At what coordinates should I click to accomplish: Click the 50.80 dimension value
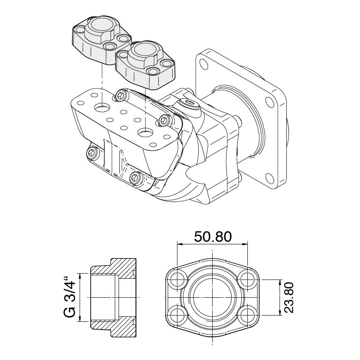(213, 237)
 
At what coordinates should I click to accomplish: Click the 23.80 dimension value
(289, 297)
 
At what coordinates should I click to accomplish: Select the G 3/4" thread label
(69, 298)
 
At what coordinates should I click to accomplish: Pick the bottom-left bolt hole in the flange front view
(177, 315)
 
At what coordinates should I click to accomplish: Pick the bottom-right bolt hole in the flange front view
(246, 315)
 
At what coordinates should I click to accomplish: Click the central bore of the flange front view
(212, 298)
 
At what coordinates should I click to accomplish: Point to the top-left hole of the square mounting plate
(204, 64)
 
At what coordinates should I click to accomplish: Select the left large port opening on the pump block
(102, 107)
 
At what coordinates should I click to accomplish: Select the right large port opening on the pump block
(145, 132)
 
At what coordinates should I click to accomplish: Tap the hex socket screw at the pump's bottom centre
(135, 177)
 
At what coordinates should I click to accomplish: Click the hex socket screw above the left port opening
(121, 94)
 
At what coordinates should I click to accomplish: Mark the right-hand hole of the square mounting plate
(270, 102)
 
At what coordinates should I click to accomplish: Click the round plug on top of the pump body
(189, 104)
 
